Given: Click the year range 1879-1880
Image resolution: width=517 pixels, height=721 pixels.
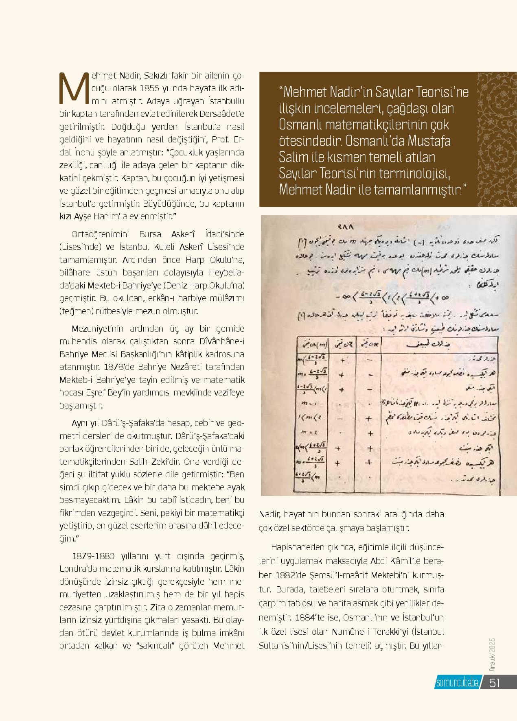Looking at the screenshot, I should tap(94, 556).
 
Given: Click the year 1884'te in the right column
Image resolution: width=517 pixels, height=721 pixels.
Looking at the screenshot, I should tap(319, 617).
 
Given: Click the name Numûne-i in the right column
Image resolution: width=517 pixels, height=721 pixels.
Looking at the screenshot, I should tap(365, 632).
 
